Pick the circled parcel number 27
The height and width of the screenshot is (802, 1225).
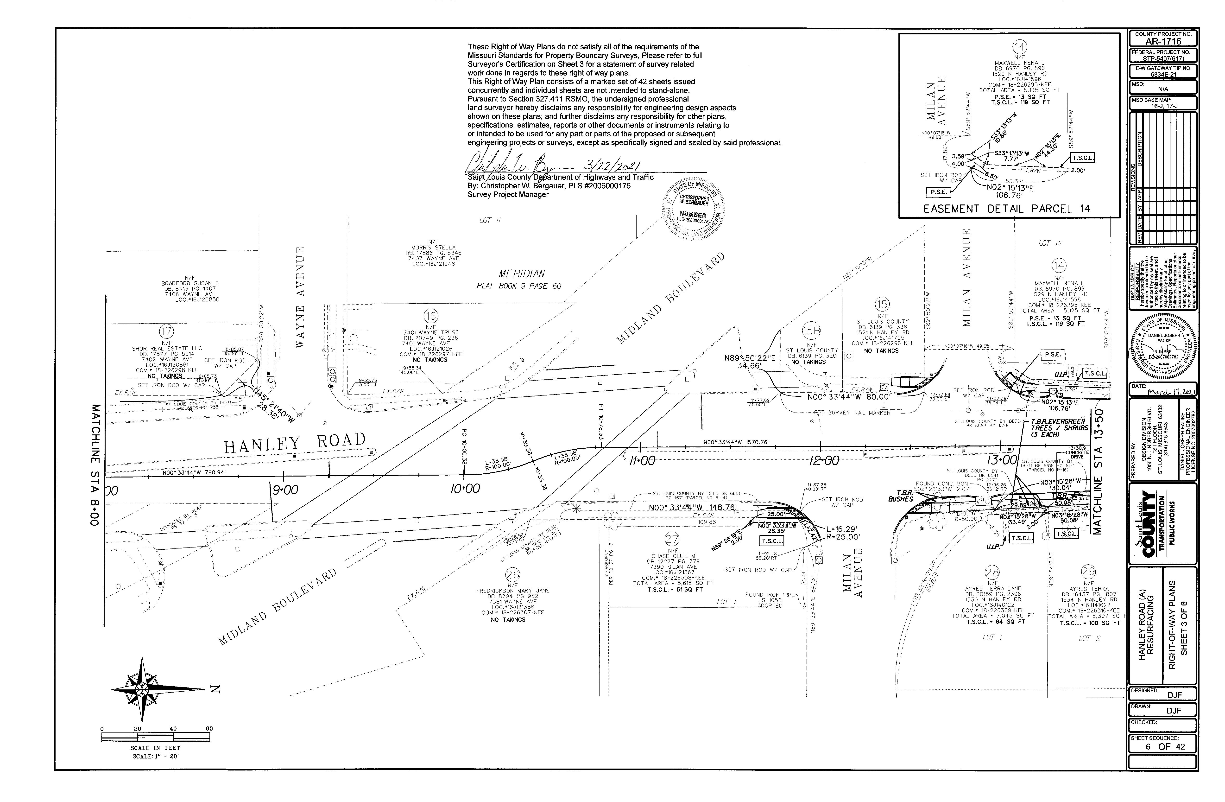(672, 539)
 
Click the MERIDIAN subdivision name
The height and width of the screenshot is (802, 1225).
(521, 274)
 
